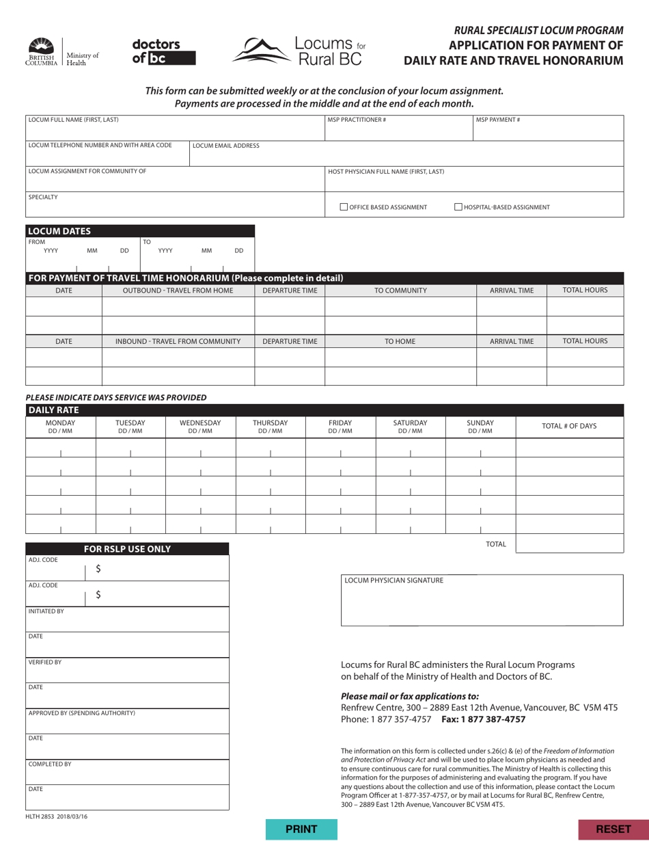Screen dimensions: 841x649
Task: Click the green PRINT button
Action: click(301, 829)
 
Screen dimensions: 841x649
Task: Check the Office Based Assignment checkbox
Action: click(344, 207)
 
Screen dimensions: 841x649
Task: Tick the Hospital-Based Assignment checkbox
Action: click(459, 207)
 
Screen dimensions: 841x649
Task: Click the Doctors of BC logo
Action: click(164, 52)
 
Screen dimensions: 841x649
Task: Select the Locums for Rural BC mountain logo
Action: click(299, 51)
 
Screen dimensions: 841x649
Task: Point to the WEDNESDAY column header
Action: click(200, 427)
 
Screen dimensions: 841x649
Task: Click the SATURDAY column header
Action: click(410, 427)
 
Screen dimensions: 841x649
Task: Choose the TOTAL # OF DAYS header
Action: click(569, 426)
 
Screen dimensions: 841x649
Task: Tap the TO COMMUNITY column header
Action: click(400, 291)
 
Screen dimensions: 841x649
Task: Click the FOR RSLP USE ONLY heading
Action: click(127, 549)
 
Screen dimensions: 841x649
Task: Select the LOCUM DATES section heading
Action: click(59, 231)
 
